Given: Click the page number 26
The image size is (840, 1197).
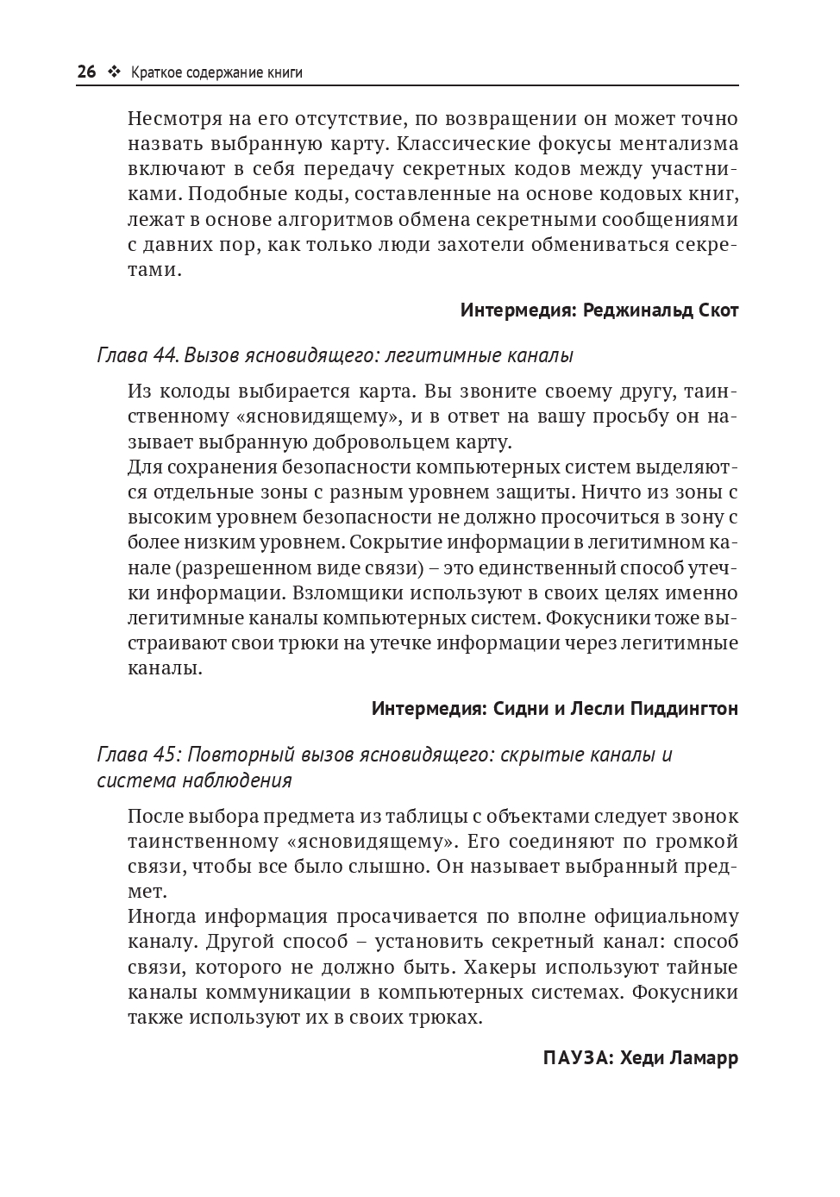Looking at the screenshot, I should click(x=86, y=72).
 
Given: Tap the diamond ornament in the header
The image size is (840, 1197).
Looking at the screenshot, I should click(x=113, y=72).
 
